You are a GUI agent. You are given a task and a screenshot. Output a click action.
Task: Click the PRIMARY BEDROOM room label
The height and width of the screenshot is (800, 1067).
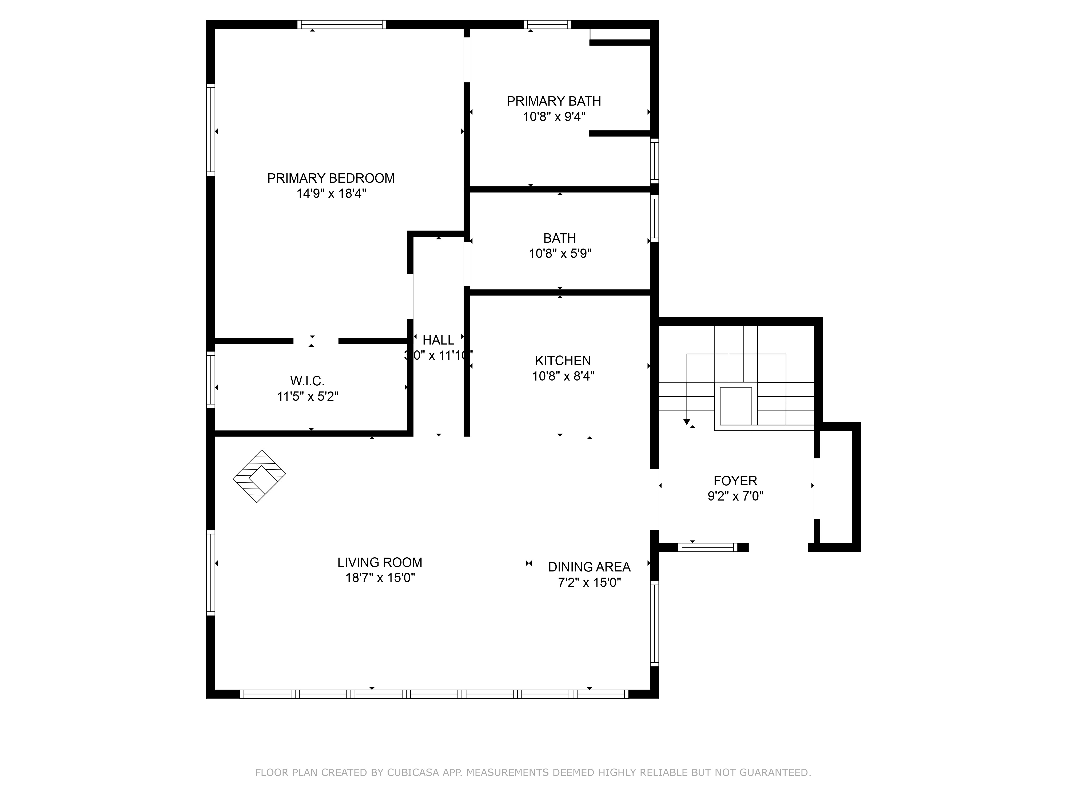[x=331, y=178]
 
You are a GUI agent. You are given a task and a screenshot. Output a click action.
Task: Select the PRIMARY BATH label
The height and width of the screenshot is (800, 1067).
[x=554, y=101]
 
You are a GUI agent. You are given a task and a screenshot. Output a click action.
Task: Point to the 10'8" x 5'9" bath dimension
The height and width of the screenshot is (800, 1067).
[x=560, y=254]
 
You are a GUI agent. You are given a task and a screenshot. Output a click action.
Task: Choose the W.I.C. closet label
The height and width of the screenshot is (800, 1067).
[x=307, y=381]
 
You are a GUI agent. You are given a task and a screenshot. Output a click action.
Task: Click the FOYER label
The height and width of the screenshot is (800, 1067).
[x=735, y=481]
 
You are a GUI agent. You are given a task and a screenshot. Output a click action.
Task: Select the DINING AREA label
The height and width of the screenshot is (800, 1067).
[x=589, y=567]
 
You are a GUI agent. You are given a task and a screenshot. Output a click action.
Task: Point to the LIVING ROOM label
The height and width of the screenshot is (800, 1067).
[x=380, y=562]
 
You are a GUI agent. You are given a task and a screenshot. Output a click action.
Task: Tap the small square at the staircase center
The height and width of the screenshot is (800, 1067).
[x=736, y=406]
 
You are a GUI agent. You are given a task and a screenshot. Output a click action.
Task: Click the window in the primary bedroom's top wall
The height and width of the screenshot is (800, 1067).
[x=341, y=25]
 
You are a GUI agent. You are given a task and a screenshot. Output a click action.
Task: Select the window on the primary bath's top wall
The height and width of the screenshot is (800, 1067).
[x=547, y=25]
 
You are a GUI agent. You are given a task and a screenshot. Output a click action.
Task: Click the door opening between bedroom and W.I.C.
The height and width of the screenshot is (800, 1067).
[x=316, y=341]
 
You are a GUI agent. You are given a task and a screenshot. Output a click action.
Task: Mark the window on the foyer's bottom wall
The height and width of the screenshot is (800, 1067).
[x=708, y=547]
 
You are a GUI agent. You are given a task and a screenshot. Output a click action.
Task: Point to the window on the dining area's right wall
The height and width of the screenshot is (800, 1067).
[x=654, y=623]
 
